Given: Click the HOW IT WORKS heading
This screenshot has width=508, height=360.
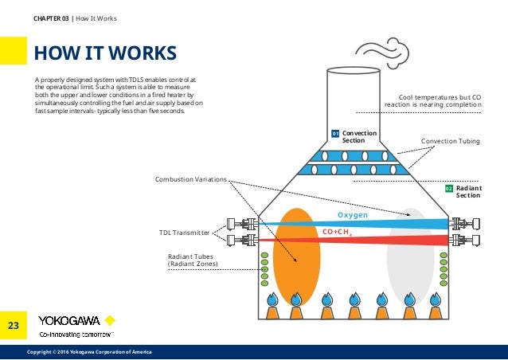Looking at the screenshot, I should click(x=104, y=53).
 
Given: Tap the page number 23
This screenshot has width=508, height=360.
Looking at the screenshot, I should click(x=14, y=325).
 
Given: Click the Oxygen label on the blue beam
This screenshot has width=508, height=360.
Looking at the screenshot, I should click(x=352, y=215).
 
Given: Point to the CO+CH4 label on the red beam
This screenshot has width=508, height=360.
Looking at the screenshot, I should click(x=338, y=232).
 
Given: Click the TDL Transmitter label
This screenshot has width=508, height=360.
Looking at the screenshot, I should click(x=185, y=233).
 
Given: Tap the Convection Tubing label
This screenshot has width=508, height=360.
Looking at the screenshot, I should click(x=450, y=141).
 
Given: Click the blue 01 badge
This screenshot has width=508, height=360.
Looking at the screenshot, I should click(x=335, y=133).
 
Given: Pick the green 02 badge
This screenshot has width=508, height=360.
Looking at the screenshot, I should click(x=448, y=188).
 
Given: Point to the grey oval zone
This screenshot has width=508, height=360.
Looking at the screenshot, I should click(x=411, y=255).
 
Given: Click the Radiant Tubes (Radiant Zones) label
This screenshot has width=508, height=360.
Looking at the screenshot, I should click(x=193, y=260).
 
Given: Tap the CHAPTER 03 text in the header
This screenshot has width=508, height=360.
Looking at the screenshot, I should click(x=52, y=18).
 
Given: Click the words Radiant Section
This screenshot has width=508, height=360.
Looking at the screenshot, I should click(x=468, y=191).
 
